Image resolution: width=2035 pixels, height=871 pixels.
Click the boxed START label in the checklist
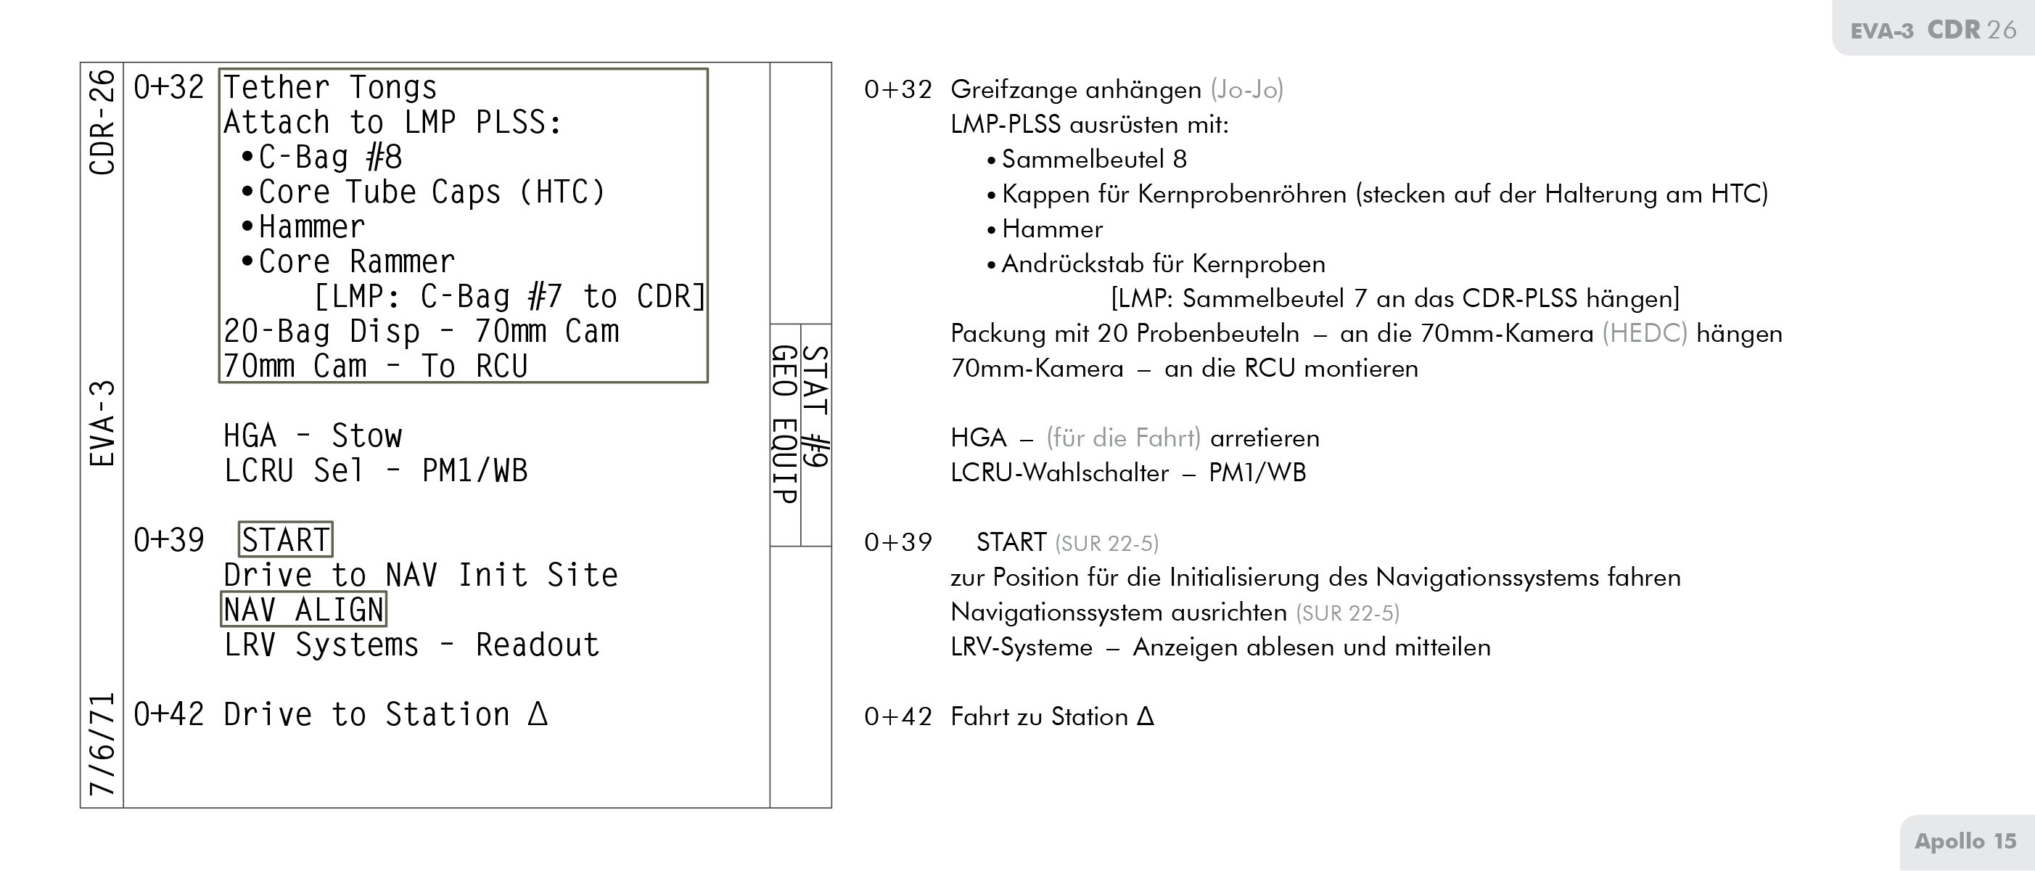(285, 540)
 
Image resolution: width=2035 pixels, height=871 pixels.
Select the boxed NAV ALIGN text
(303, 610)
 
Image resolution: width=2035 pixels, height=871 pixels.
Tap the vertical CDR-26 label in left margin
(103, 123)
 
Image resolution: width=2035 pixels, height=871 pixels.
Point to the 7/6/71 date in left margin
(103, 745)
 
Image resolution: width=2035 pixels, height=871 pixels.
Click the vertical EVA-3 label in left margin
(103, 424)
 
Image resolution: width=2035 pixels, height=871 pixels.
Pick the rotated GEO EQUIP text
(784, 425)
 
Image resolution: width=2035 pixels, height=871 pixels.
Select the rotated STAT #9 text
(816, 407)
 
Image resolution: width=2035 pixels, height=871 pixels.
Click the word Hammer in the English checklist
(311, 227)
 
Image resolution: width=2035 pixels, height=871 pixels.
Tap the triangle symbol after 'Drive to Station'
(538, 713)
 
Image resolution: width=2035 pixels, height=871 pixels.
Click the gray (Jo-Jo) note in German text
(1246, 89)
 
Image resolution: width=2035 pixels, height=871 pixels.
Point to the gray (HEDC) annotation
(1644, 334)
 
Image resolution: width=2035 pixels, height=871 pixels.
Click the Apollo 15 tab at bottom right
(1965, 841)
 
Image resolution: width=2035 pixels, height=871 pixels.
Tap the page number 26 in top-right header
(2001, 30)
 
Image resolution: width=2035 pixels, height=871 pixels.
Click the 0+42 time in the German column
(897, 717)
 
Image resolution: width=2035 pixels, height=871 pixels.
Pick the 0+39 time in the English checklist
(168, 540)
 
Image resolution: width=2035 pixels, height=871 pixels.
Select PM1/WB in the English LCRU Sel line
(474, 471)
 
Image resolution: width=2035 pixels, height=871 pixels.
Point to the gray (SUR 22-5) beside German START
(1106, 544)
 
